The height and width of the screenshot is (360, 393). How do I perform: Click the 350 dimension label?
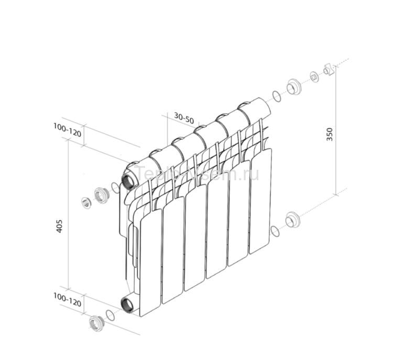(x=330, y=134)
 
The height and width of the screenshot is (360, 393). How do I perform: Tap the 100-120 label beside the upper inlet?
(x=67, y=129)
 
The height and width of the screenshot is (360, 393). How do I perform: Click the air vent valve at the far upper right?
(x=329, y=69)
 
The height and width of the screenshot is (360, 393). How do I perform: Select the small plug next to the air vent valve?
(x=314, y=77)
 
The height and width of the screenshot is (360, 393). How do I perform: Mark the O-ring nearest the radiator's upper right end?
(x=276, y=96)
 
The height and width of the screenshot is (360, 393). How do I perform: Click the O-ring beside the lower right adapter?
(x=275, y=230)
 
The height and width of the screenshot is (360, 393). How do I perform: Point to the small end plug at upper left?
(x=86, y=203)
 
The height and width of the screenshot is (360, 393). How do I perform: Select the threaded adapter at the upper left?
(x=101, y=195)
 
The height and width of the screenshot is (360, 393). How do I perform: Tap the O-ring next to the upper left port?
(x=115, y=188)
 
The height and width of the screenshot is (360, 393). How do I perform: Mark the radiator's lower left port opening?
(x=127, y=303)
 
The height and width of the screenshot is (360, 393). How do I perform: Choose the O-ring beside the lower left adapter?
(x=110, y=315)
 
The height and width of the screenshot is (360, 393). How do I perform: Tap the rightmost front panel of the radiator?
(x=260, y=199)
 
